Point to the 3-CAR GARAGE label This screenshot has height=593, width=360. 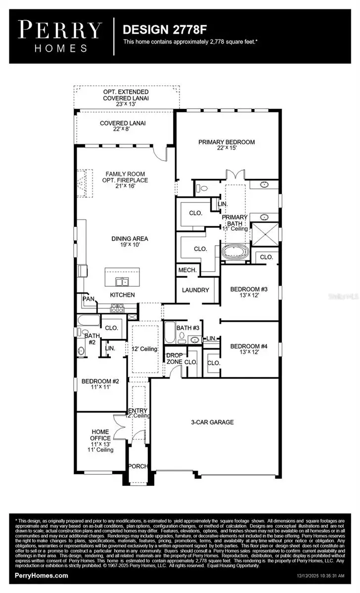point(213,422)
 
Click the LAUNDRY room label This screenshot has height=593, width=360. point(195,290)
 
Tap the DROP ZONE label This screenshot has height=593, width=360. point(175,359)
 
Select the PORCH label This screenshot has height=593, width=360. point(136,466)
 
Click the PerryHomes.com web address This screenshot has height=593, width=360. point(42,576)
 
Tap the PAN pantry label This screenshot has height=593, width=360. point(89,299)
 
